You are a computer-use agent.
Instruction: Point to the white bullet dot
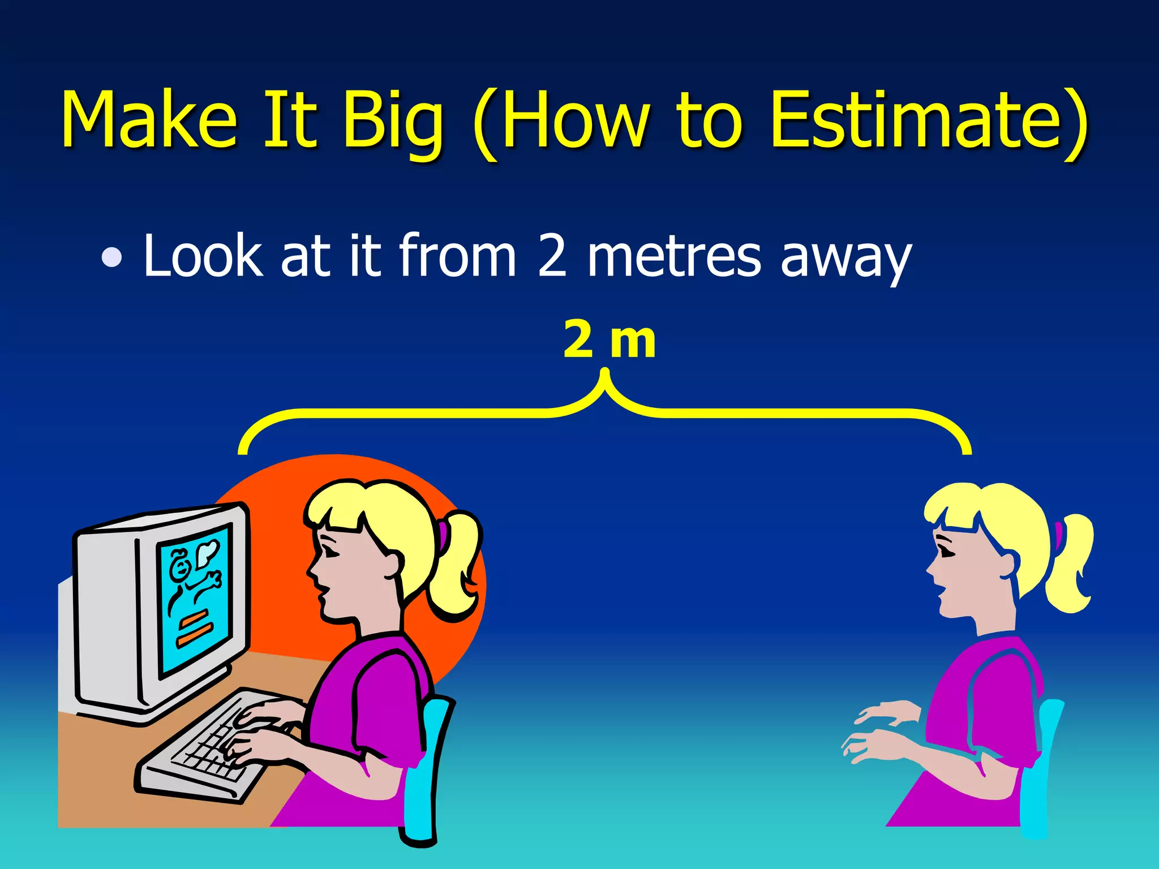pos(111,257)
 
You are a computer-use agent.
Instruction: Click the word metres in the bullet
pos(673,257)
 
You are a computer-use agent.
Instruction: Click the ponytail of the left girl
pos(456,566)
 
